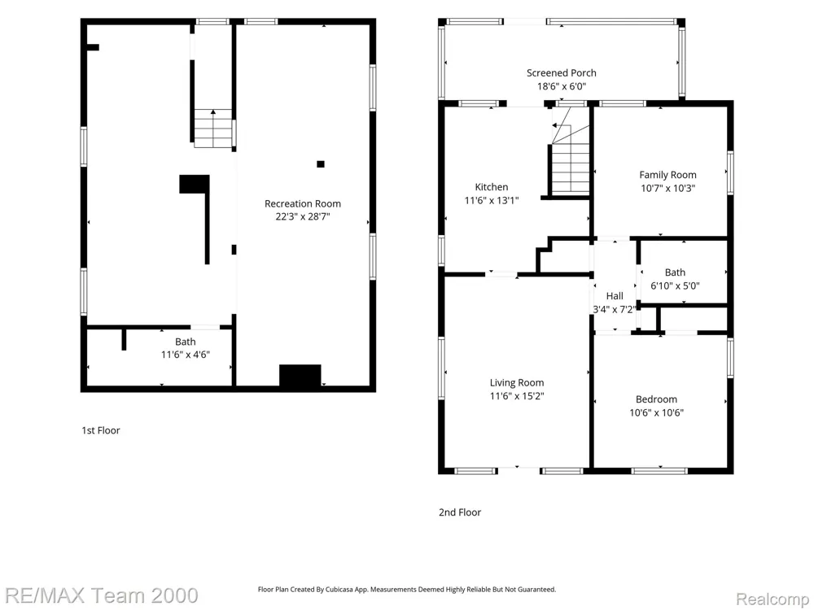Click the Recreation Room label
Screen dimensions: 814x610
click(x=303, y=203)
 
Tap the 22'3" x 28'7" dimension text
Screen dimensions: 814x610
click(x=303, y=217)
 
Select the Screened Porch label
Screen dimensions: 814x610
click(x=561, y=73)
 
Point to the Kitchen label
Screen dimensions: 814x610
click(x=492, y=187)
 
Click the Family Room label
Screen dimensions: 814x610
click(x=667, y=175)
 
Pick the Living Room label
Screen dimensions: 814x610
click(x=517, y=383)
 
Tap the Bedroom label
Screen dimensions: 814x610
click(x=656, y=399)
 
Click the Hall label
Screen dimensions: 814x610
click(x=615, y=296)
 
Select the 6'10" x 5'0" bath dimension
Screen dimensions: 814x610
click(x=675, y=285)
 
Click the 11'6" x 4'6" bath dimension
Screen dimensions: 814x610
click(x=186, y=355)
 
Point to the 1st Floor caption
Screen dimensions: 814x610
click(x=101, y=430)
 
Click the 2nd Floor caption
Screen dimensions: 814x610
click(x=460, y=512)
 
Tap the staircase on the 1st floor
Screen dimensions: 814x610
click(x=212, y=129)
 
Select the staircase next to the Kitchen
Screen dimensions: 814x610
click(x=570, y=161)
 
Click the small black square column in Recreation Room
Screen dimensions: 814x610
click(x=321, y=164)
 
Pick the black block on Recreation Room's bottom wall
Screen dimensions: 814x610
click(x=300, y=376)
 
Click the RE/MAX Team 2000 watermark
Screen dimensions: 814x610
click(x=102, y=595)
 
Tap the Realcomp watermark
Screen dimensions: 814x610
click(x=772, y=599)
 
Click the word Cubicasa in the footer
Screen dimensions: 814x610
click(x=338, y=590)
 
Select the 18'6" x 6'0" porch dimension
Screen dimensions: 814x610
click(x=561, y=87)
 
